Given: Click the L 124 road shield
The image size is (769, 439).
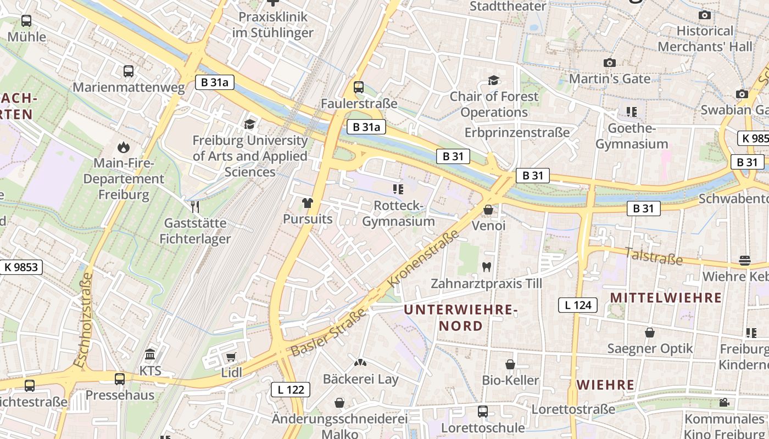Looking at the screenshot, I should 578,305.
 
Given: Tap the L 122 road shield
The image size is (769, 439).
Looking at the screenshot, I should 291,390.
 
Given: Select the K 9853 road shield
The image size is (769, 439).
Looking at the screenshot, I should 21,267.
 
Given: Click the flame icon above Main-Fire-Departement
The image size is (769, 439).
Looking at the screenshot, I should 124,147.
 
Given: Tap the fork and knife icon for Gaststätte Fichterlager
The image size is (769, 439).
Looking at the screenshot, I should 194,206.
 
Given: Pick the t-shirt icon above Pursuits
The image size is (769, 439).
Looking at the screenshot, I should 307,203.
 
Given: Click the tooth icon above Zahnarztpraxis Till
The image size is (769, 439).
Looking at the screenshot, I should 486,267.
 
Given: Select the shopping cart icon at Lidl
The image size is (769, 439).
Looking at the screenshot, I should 231,357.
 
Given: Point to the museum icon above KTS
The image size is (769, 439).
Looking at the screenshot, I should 150,354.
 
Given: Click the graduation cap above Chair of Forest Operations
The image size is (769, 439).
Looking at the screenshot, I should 493,81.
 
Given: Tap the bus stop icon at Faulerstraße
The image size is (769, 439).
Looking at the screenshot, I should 359,87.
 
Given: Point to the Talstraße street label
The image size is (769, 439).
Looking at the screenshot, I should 653,256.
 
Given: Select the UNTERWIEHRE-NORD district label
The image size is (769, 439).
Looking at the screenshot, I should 461,318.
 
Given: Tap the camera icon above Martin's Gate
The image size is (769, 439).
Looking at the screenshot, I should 609,63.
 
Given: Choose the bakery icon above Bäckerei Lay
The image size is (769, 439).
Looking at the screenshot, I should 360,363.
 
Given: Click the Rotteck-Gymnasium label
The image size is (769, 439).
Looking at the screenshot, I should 398,213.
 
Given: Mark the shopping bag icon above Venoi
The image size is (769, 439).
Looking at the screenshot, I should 488,210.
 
